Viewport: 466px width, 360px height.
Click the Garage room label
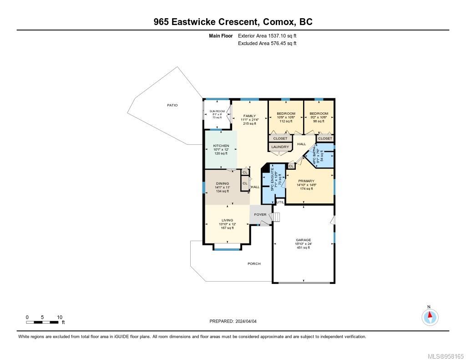(304, 240)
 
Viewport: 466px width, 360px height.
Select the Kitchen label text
(221, 146)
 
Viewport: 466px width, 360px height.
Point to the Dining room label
(222, 183)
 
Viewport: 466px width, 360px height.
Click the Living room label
(227, 220)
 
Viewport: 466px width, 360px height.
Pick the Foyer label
(260, 214)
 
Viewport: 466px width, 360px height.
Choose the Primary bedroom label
(306, 181)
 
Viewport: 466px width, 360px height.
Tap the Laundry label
(280, 147)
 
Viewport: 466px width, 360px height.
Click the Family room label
(249, 116)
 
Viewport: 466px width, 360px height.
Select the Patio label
(172, 105)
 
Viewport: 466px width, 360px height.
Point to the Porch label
(254, 264)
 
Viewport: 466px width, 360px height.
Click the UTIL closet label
(280, 202)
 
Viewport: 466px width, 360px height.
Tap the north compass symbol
(430, 316)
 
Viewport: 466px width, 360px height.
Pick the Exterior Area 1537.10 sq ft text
(267, 35)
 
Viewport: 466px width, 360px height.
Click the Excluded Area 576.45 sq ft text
(267, 44)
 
